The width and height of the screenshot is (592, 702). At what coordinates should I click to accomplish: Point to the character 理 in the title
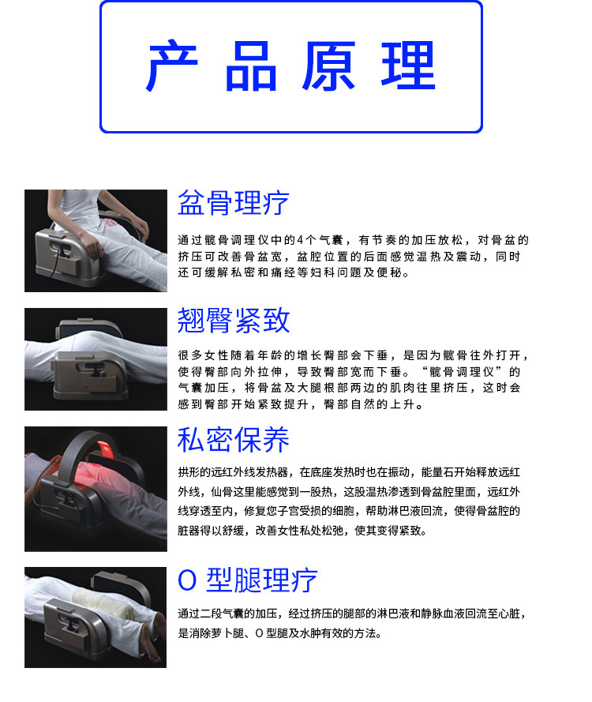(x=408, y=66)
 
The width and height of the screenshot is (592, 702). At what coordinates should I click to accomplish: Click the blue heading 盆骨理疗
(x=234, y=203)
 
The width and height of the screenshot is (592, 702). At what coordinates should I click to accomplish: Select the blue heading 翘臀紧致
(x=234, y=320)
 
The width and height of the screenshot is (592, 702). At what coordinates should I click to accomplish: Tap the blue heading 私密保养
(x=234, y=440)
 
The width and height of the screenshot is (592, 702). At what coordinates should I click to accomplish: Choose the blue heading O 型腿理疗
(x=248, y=580)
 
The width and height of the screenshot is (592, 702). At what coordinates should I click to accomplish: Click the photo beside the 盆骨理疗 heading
(x=96, y=240)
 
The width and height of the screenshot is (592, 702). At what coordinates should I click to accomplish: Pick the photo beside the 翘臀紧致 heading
(x=96, y=359)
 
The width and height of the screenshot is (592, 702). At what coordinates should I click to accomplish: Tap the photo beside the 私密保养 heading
(x=96, y=489)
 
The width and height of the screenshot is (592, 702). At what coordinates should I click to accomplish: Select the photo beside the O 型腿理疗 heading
(x=96, y=617)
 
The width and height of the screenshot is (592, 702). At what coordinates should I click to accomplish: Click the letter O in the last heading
(x=187, y=580)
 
